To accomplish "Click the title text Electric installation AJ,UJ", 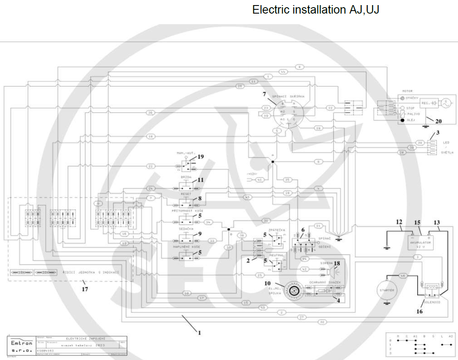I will point(315,10).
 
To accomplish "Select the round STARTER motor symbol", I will point(386,290).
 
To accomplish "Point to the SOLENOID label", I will point(432,302).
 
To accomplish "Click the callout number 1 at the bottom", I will point(199,333).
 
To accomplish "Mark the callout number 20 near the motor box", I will point(438,121).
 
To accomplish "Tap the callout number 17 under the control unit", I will point(85,289).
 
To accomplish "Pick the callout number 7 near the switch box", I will point(264,93).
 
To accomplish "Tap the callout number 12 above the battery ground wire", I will point(399,222).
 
